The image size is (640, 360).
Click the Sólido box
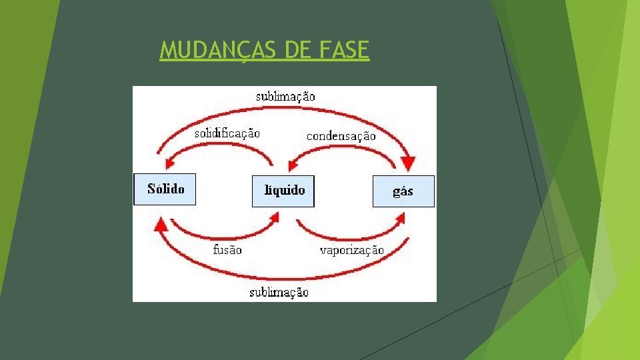click(x=165, y=189)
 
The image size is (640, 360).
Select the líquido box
click(x=283, y=191)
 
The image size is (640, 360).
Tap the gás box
click(x=403, y=191)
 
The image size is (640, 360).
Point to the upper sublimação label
click(x=285, y=97)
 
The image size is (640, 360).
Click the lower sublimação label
click(x=279, y=292)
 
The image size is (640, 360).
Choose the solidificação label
click(x=227, y=133)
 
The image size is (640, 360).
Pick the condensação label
click(x=341, y=136)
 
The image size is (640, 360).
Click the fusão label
click(x=227, y=250)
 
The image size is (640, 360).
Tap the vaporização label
click(x=351, y=251)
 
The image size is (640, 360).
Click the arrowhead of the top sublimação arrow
click(x=408, y=163)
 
